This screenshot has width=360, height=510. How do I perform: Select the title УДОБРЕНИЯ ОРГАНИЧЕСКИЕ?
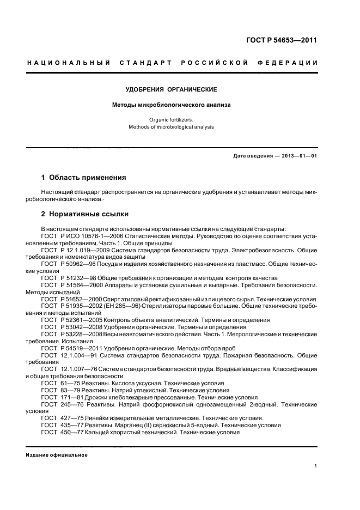[172, 89]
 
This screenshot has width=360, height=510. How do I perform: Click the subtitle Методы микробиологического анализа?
[172, 105]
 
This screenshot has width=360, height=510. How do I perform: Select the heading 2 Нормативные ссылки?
[85, 214]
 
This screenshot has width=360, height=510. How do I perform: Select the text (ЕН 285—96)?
[126, 306]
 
